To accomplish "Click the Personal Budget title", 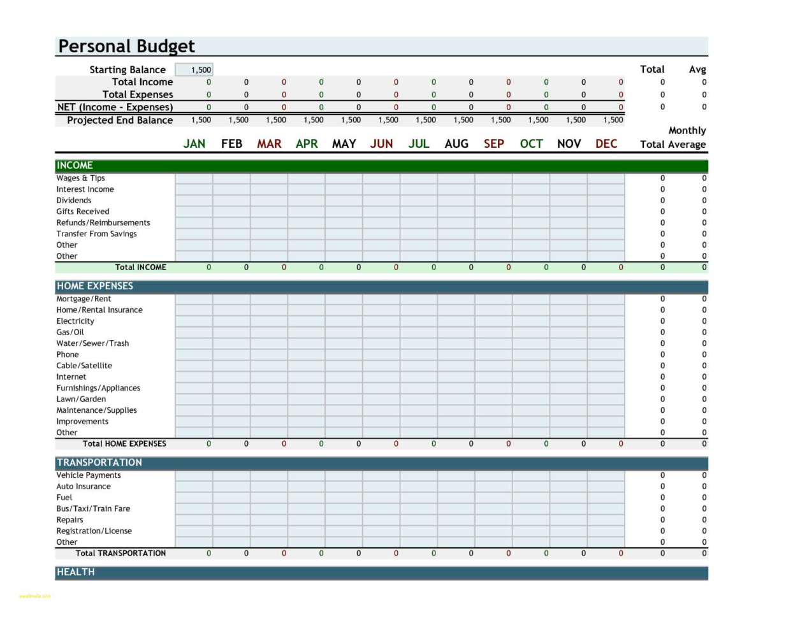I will click(x=126, y=47).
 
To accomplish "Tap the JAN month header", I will click(x=194, y=144).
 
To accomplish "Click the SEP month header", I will click(x=494, y=144).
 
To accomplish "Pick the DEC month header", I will click(x=606, y=144).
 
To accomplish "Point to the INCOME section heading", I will click(x=75, y=166).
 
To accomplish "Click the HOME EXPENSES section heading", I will click(x=95, y=286).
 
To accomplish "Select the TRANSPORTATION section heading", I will click(x=99, y=463).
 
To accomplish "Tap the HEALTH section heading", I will click(x=76, y=572).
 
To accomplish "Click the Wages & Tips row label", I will click(x=80, y=178).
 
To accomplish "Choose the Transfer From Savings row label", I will click(x=96, y=234).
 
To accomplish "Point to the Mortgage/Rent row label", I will click(x=84, y=299).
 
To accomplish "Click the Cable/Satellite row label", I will click(x=84, y=366).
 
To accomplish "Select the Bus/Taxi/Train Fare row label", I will click(x=93, y=508).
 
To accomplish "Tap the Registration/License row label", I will click(x=94, y=531).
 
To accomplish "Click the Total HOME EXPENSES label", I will click(x=124, y=443).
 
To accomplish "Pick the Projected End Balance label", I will click(x=120, y=120).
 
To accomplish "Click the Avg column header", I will click(x=697, y=69).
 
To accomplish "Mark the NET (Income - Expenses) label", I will click(x=115, y=107).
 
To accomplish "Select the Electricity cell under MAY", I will click(x=344, y=321).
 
